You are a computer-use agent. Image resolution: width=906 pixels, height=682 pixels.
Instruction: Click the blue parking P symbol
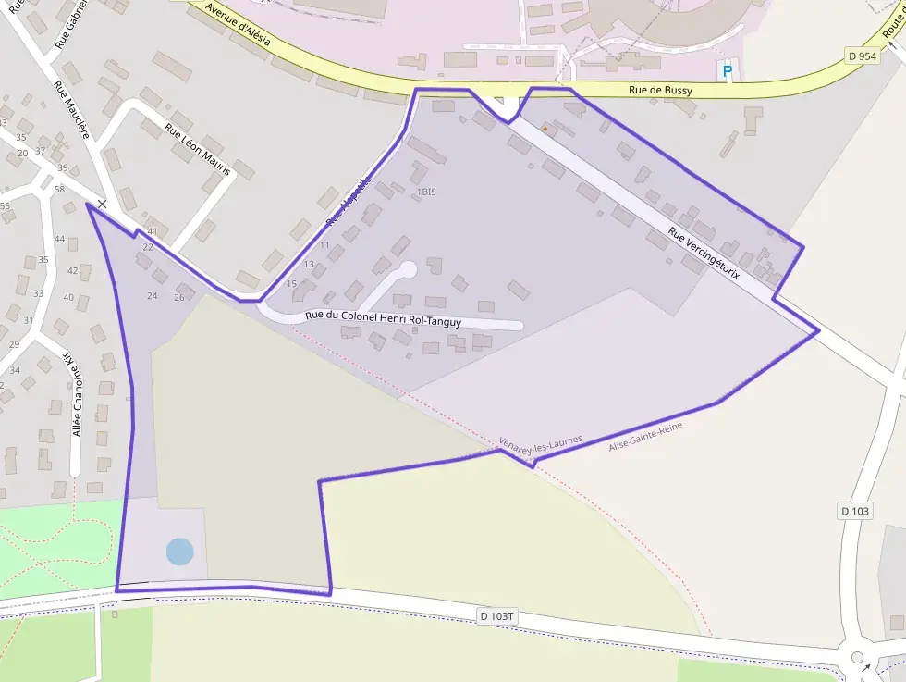point(727,70)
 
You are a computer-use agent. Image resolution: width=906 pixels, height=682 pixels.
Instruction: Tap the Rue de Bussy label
point(660,91)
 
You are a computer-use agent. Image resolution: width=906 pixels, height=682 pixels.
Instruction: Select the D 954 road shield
point(862,56)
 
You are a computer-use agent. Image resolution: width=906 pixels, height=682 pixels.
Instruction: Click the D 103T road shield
point(496,615)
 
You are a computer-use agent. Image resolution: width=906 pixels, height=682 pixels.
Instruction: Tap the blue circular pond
point(179,552)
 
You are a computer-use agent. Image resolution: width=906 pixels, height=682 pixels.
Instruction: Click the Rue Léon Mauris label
point(197,149)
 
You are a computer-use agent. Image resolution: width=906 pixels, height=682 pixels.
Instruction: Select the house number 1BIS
point(426,192)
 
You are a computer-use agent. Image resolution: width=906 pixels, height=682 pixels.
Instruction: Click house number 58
point(59,189)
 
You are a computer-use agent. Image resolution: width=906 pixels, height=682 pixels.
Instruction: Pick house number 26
point(179,296)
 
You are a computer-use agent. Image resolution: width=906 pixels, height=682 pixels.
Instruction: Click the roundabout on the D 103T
point(857,657)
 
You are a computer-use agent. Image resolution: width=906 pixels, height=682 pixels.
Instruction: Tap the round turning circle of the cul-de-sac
point(408,268)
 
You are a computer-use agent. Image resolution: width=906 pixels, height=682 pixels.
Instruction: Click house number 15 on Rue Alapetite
point(291,283)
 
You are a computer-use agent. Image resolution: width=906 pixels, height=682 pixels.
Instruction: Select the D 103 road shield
point(855,511)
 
